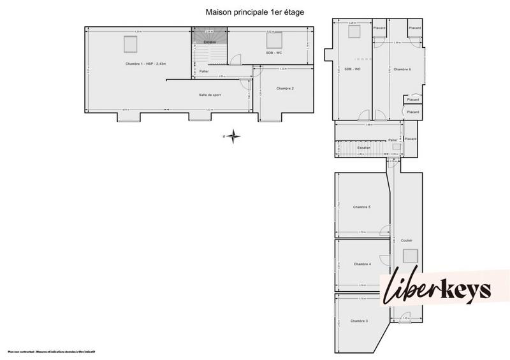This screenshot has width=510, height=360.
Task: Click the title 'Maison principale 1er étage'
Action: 254,11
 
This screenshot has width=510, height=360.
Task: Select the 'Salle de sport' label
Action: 210,95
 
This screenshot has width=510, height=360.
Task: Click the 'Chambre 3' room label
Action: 359,320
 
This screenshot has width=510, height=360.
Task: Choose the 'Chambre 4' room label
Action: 361,264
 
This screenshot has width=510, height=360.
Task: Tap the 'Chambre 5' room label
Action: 361,207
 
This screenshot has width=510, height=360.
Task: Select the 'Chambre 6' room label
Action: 402,69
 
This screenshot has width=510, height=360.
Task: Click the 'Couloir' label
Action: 407,240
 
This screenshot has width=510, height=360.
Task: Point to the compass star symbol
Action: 234,135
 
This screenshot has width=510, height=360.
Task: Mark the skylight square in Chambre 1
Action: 131,44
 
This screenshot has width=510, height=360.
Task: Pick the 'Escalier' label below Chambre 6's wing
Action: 364,147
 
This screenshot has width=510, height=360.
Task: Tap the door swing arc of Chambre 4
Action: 384,260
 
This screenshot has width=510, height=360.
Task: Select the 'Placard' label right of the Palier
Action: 410,139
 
